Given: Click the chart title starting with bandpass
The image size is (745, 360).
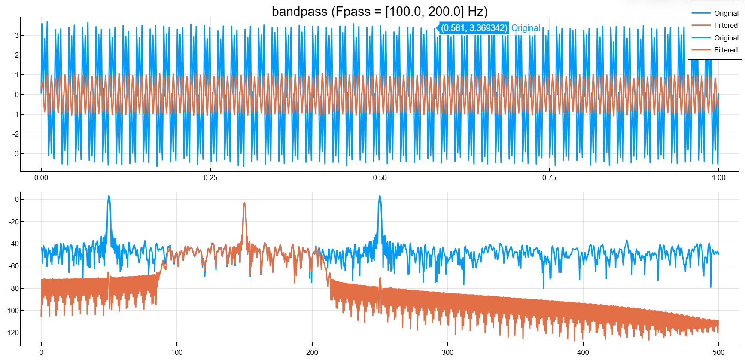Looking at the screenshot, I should coord(380,12).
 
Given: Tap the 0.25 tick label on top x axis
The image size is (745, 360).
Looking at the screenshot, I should coord(210,177).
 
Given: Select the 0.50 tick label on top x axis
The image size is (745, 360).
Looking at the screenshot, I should coord(380,177).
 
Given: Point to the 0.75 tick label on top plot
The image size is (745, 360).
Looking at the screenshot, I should coord(549,177).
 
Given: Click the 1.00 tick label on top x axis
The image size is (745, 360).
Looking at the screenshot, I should coord(718,177).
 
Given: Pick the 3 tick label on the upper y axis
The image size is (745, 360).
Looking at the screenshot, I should coord(17,35).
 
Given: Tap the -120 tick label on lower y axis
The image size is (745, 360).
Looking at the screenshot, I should coord(12,333).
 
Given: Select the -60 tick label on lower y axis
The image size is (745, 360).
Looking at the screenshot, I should coord(14,266).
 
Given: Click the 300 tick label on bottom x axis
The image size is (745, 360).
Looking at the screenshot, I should coord(447,352).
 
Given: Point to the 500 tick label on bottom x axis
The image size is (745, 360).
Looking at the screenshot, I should coord(718,352).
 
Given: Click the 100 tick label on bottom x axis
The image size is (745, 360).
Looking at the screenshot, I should coord(176,352).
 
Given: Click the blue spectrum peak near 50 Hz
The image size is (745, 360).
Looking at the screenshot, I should coord(109,197).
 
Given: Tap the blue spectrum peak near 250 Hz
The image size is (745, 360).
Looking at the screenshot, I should coord(380,197).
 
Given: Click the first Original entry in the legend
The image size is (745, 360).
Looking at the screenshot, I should coord(726,13).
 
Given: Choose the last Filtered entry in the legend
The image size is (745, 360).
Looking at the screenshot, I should coord(726,50).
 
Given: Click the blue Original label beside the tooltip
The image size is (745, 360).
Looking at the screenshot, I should coord(526,28).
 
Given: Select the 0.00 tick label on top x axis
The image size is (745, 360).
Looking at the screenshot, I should coord(41,177).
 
